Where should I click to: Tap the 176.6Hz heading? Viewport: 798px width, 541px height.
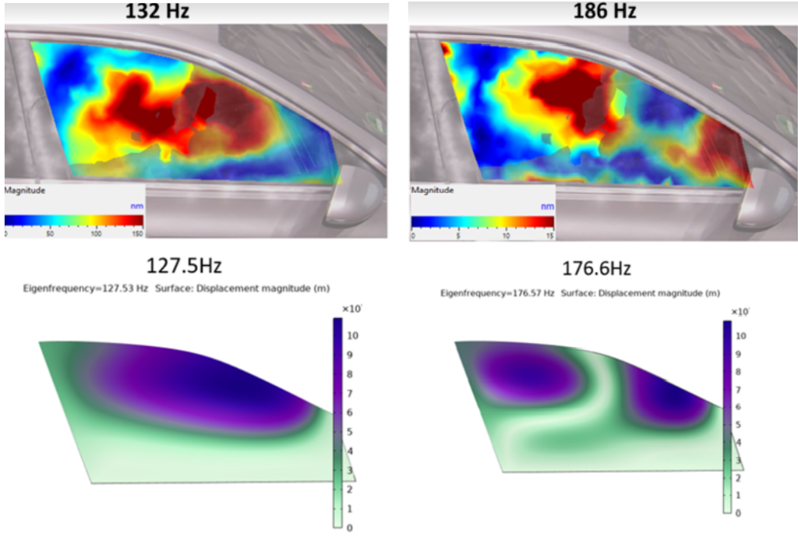(x=596, y=269)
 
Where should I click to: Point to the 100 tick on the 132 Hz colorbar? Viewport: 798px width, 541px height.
(x=96, y=233)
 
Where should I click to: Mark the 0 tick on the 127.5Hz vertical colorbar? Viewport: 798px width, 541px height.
(x=347, y=528)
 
